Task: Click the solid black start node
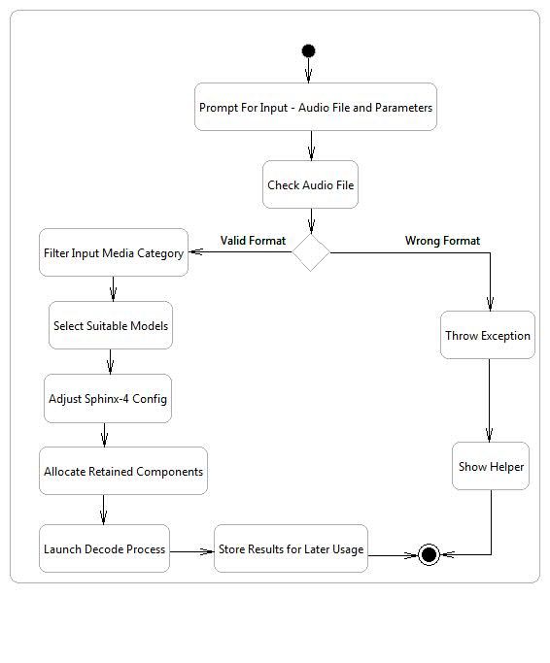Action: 308,50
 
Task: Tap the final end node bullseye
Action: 429,554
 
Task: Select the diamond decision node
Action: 311,252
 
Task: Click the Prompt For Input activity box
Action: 316,107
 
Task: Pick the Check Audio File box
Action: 310,184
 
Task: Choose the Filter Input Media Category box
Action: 114,252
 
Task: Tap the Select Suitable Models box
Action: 111,325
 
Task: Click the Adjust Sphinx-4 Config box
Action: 108,398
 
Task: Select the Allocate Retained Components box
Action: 123,471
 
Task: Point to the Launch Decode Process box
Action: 104,548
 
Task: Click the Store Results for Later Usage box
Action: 291,548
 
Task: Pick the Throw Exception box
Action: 488,335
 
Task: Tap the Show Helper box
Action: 491,466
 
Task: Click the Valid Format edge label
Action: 253,241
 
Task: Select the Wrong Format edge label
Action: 442,241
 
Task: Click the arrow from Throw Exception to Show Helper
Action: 489,401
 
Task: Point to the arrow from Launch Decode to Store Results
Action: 191,551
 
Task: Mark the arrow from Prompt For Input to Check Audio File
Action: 311,146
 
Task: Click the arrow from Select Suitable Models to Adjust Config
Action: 110,361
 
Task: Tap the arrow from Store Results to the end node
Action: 393,555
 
